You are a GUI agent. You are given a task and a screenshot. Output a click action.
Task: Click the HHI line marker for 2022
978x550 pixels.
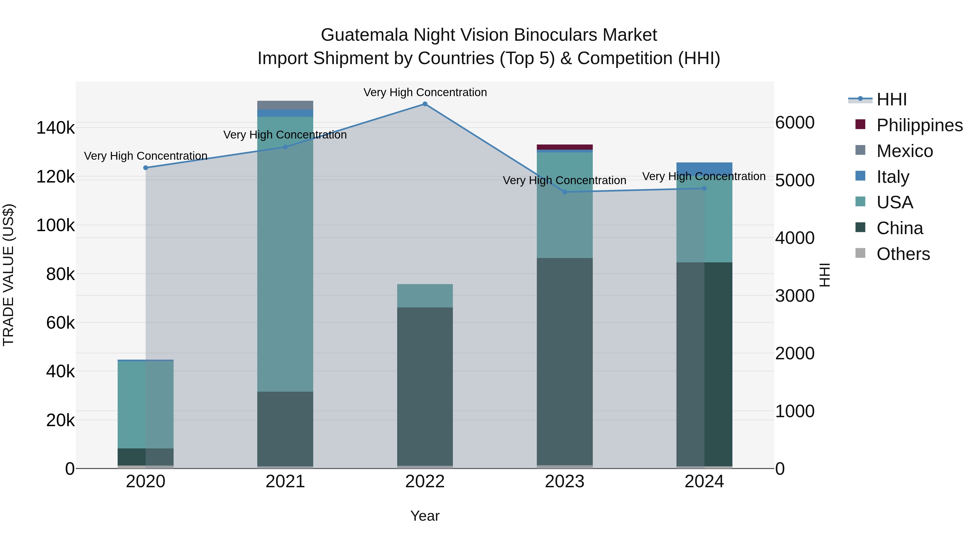tap(425, 104)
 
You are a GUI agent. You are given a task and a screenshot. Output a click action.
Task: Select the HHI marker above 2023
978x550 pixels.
tap(565, 192)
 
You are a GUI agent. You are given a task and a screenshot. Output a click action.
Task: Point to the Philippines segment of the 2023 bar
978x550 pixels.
tap(565, 147)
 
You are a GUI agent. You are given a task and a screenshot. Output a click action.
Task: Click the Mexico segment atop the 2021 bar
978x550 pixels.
tap(285, 105)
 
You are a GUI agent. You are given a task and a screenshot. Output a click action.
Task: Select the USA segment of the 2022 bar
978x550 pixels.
tap(425, 296)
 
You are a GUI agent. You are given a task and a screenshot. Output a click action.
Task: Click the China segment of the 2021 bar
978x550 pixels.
tap(285, 429)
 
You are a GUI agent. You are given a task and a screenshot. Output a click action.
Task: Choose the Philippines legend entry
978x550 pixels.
tap(919, 125)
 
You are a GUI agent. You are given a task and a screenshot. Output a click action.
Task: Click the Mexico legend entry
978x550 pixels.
tap(904, 151)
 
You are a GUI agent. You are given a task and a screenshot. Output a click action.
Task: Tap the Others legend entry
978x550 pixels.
tap(903, 254)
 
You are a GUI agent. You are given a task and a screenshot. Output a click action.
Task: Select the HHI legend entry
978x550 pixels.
tap(891, 99)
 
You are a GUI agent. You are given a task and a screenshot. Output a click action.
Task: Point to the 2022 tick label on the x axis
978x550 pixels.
tap(425, 482)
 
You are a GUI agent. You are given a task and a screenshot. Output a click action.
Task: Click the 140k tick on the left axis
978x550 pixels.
tap(55, 128)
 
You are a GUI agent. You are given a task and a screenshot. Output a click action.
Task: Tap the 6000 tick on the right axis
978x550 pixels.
tap(795, 122)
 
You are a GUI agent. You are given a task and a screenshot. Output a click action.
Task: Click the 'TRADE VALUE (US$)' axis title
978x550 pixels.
tap(8, 275)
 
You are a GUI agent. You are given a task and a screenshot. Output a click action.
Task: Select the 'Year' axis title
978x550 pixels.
tap(425, 516)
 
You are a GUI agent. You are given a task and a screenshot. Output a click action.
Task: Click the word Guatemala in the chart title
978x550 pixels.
tap(364, 35)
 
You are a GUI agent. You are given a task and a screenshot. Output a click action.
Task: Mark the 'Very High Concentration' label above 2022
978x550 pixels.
tap(425, 93)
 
